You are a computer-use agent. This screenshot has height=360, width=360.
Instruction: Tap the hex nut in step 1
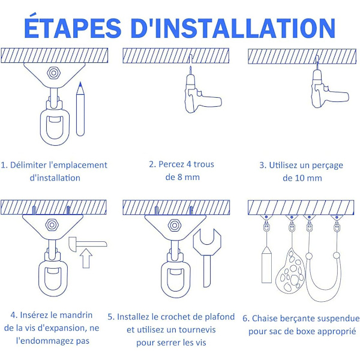click(x=53, y=73)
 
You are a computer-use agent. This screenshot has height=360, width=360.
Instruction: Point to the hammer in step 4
click(x=87, y=244)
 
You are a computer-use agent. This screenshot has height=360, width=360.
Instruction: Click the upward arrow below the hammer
click(x=86, y=258)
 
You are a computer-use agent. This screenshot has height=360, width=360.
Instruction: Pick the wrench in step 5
click(x=207, y=257)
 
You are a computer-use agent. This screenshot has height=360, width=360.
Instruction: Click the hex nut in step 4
click(x=52, y=225)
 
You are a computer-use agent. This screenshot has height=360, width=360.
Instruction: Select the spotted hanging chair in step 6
click(x=290, y=271)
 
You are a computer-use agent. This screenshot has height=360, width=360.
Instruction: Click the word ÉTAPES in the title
click(x=73, y=28)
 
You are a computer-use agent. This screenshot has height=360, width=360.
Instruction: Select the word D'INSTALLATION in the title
click(x=233, y=28)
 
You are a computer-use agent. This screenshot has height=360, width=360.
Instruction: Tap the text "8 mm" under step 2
click(x=188, y=177)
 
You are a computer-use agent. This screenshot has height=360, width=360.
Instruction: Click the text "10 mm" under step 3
click(x=308, y=178)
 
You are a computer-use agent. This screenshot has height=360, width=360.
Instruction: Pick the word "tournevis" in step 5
click(x=197, y=329)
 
